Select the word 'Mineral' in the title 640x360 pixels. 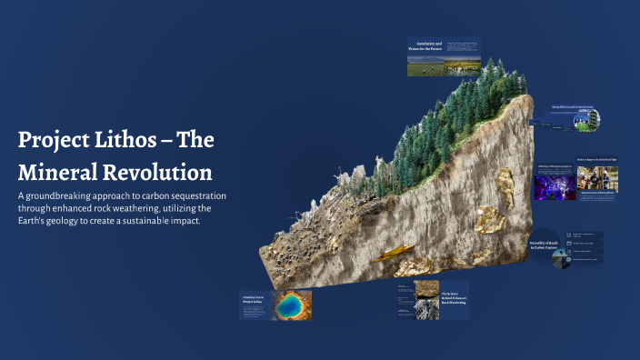point(56,171)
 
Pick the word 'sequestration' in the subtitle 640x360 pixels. point(200,196)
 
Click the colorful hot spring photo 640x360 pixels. point(290,305)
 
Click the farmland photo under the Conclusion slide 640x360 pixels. point(443,65)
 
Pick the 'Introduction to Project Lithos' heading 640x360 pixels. point(255,300)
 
